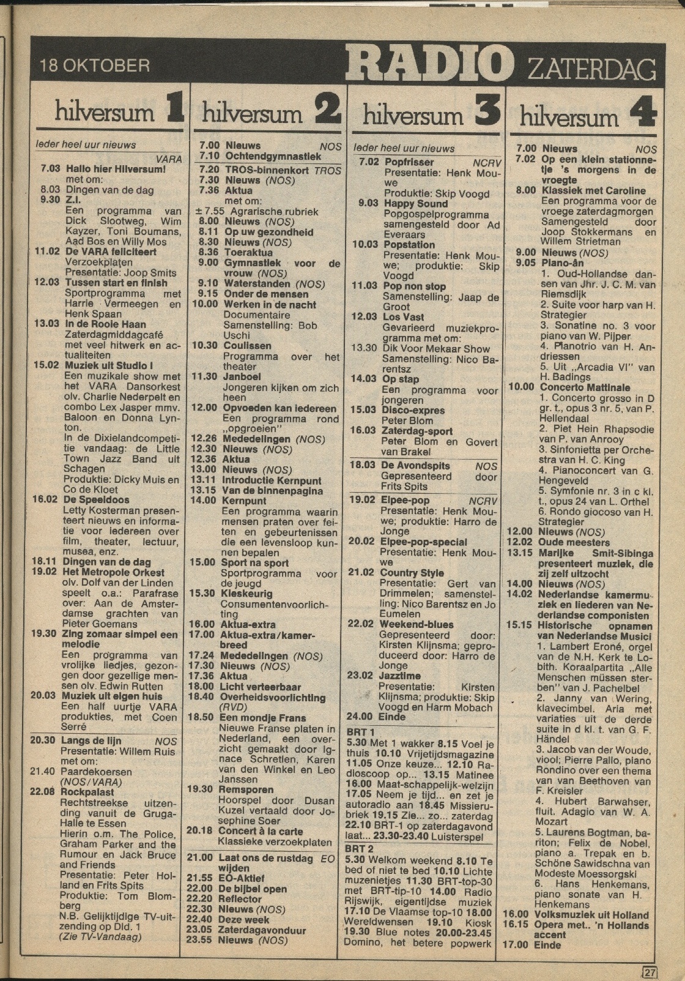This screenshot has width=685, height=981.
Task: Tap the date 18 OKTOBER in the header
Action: coord(94,65)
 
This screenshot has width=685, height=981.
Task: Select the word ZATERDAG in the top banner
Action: coord(590,69)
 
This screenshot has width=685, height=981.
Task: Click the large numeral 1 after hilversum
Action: coord(173,110)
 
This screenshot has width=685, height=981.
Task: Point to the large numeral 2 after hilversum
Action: coord(328,111)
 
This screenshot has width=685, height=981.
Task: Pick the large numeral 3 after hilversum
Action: coord(487,112)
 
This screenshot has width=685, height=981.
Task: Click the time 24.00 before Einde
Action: coord(360,717)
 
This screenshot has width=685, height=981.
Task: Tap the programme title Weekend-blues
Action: coord(417,625)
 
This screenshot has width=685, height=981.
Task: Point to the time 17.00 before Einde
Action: coord(514,944)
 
